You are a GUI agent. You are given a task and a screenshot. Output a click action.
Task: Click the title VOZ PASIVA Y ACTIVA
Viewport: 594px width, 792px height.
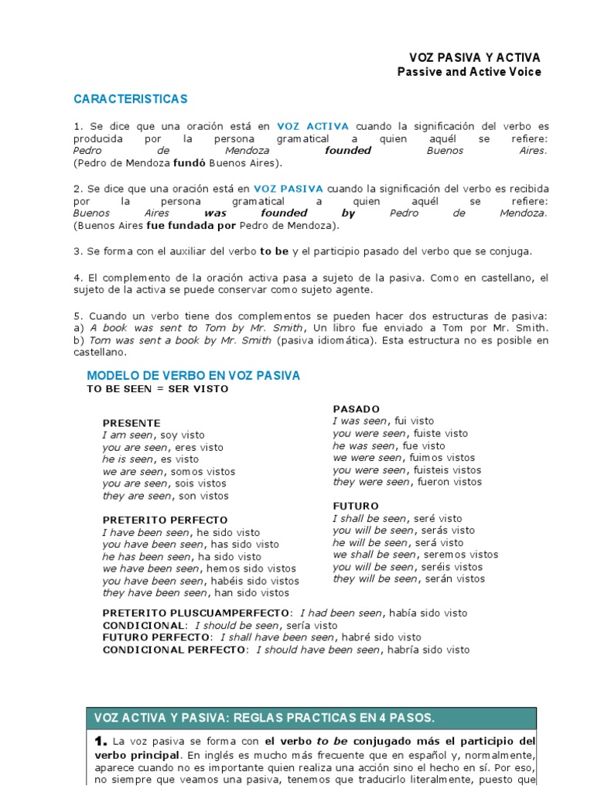(474, 58)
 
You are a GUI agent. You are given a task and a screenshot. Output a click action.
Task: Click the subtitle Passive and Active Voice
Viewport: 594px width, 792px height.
(469, 72)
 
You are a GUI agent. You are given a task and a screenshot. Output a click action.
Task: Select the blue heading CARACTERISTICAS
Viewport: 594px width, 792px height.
(130, 100)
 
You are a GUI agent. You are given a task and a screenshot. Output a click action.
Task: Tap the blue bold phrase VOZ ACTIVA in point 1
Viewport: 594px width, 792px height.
(312, 126)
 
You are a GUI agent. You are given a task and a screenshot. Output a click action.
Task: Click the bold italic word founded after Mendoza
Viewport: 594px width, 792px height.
(348, 151)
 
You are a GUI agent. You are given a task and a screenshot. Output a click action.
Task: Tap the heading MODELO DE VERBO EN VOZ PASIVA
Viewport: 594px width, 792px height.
(193, 376)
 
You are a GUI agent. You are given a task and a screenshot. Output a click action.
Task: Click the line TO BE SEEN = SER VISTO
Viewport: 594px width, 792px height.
(157, 389)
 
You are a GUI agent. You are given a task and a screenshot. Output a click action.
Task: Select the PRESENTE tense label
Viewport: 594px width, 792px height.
(131, 423)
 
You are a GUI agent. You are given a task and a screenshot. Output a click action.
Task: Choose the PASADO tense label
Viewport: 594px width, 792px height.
(356, 408)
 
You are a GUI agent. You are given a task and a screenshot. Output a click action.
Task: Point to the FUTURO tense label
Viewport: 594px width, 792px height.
(356, 506)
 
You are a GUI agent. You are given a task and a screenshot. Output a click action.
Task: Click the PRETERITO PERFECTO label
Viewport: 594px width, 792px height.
(166, 520)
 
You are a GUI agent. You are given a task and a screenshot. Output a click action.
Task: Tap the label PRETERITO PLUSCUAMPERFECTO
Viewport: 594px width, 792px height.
(196, 613)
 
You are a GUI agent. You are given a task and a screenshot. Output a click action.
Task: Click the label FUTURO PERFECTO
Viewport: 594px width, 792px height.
(158, 637)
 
